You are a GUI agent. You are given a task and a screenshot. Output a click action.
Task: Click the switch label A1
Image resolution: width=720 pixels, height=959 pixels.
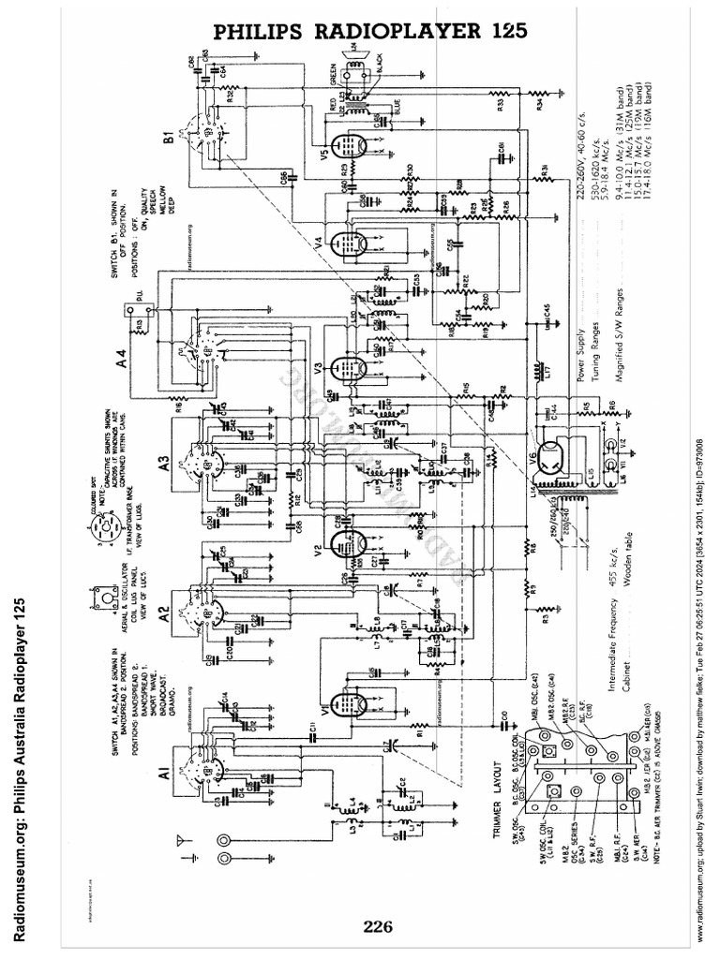(x=163, y=774)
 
